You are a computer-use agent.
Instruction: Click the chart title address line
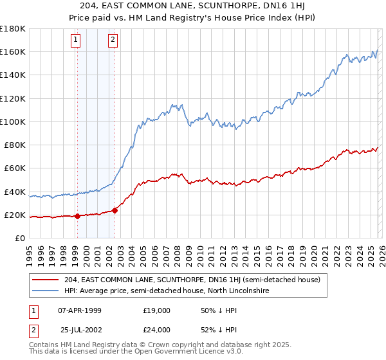point(193,6)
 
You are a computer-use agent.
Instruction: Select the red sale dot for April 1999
point(77,216)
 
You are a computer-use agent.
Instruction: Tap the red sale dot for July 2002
point(115,210)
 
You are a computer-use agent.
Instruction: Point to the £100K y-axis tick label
point(12,122)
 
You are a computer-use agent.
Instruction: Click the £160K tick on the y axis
point(12,51)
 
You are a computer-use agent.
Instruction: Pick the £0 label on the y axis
point(19,239)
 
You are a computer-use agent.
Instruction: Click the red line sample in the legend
point(46,280)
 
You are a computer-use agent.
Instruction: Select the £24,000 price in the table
point(156,330)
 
